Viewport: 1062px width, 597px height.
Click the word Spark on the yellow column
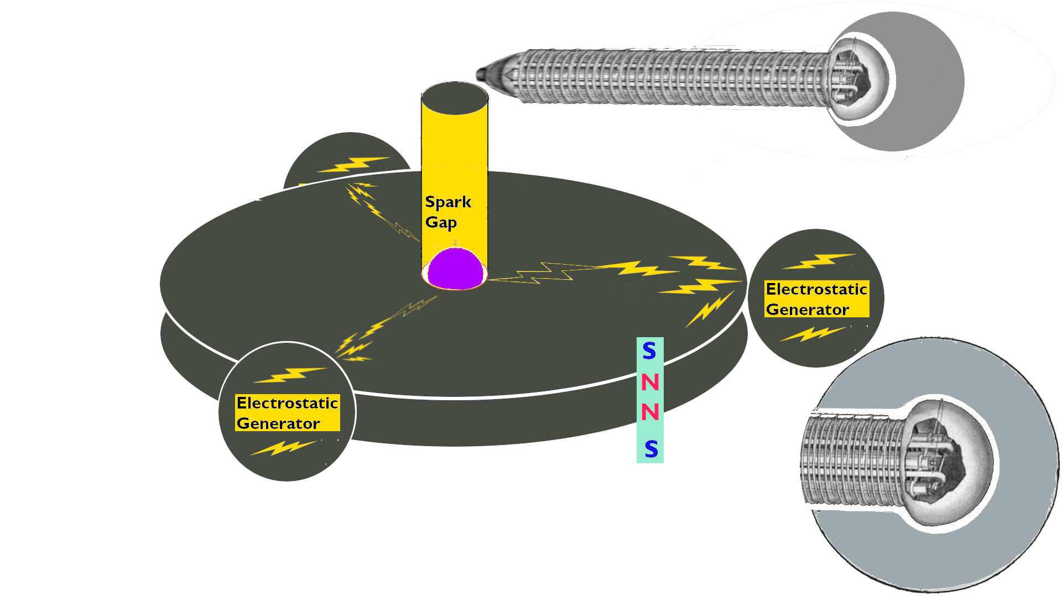click(x=448, y=202)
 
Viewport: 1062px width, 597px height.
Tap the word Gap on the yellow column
click(x=441, y=222)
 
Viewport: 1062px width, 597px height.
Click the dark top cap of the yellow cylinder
click(x=455, y=98)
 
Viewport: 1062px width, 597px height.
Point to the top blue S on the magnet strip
click(x=649, y=351)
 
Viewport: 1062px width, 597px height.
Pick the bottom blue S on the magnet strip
click(x=651, y=449)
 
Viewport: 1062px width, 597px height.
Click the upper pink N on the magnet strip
click(x=650, y=382)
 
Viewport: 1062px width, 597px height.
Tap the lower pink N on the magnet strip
click(x=650, y=412)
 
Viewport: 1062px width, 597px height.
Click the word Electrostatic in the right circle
click(x=816, y=289)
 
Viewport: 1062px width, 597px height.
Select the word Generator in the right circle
click(x=808, y=310)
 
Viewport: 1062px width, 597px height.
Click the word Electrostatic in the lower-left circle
click(x=287, y=403)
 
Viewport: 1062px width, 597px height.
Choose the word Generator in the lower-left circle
click(x=278, y=423)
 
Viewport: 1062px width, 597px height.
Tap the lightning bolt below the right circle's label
click(x=813, y=334)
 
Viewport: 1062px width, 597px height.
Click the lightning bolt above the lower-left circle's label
click(x=290, y=375)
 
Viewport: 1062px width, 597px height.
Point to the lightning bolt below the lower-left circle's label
click(x=284, y=447)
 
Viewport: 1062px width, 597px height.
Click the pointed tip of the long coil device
click(x=480, y=74)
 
